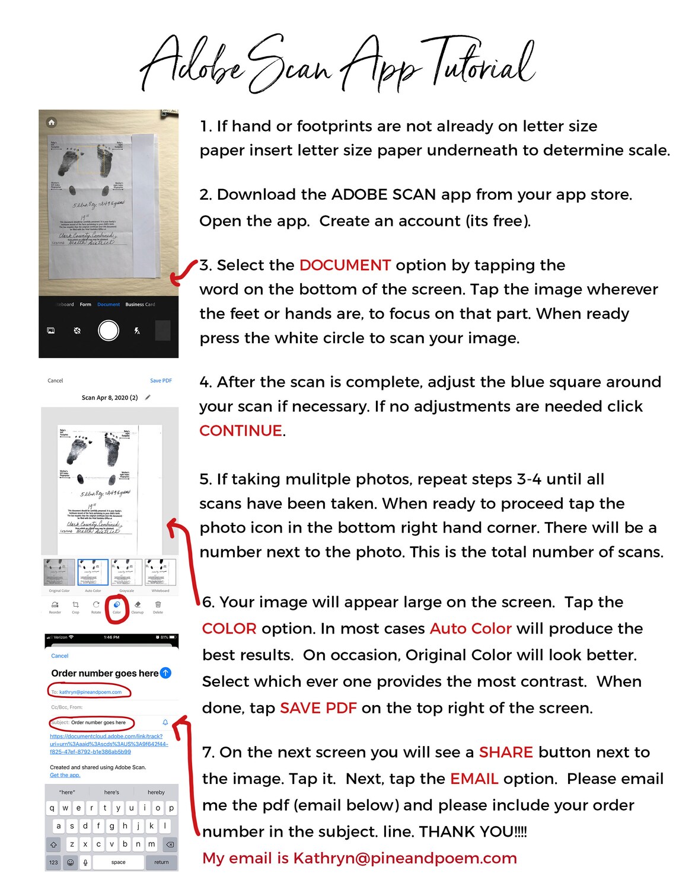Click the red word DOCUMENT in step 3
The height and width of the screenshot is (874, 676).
(345, 265)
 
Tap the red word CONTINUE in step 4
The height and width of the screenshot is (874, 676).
(241, 431)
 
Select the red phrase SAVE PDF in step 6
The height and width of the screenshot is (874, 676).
(318, 708)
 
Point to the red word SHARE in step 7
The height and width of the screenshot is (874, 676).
(506, 753)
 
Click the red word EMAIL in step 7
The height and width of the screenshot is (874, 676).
(474, 779)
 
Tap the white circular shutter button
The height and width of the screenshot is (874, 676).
(109, 331)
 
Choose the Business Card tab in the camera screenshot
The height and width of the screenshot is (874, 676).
(140, 305)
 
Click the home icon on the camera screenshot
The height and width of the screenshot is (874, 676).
(52, 122)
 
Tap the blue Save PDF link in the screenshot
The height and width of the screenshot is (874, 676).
(161, 380)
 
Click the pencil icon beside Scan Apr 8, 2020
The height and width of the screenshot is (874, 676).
(148, 398)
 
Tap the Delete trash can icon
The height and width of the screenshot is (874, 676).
(158, 605)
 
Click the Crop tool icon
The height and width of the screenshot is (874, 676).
(75, 605)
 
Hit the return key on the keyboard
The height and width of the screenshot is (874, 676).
(161, 862)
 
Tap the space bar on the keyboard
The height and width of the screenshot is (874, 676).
(118, 862)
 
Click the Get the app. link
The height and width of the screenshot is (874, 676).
(65, 775)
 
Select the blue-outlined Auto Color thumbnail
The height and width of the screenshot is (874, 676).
(93, 572)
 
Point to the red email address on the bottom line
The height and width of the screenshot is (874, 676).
(405, 858)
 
